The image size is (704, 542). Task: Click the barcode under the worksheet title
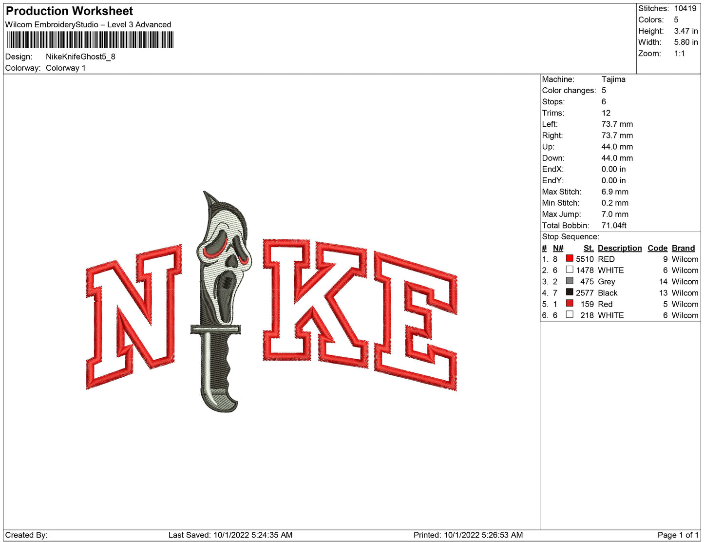91,40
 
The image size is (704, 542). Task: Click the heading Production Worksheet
69,11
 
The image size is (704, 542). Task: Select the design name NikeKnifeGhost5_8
80,57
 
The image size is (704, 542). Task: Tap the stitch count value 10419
685,8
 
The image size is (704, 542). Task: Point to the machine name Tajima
613,79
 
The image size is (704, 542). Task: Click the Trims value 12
606,113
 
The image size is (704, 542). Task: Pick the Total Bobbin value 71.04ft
613,226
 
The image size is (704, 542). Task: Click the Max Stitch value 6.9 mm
614,192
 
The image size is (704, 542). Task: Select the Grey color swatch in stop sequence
569,281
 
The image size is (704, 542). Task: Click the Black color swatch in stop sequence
569,292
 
